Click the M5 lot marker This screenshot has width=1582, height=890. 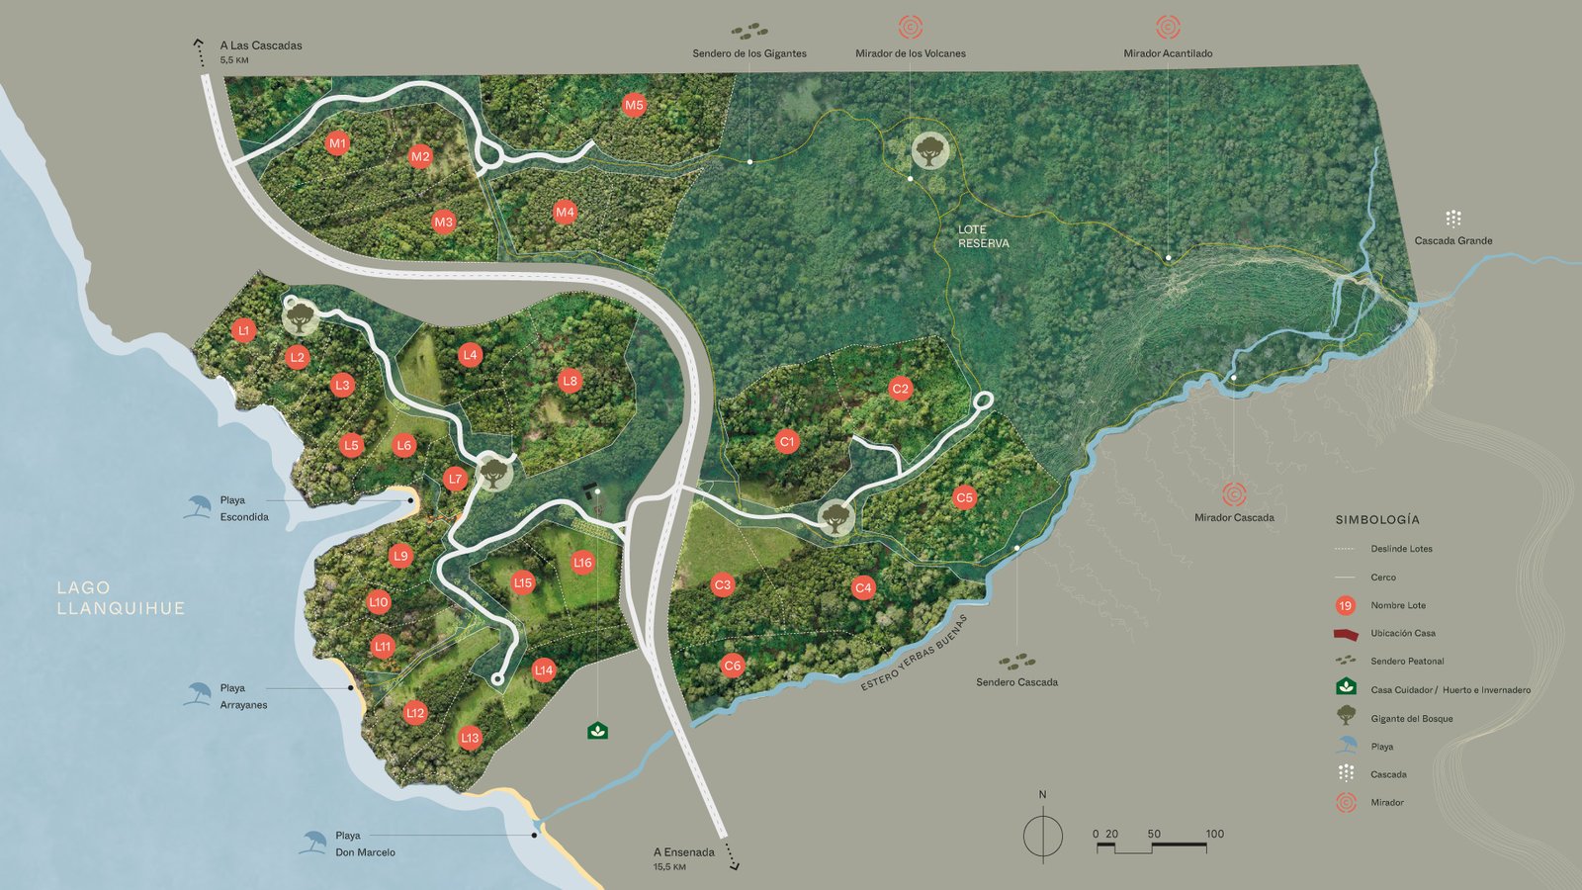point(634,105)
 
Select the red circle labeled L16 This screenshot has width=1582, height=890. point(582,563)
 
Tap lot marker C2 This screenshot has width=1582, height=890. point(900,389)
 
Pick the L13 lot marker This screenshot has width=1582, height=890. point(470,738)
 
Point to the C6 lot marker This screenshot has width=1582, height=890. point(732,666)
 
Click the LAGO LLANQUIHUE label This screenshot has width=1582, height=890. point(121,598)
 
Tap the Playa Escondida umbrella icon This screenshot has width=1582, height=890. point(198,506)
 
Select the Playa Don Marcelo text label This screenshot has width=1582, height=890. point(365,844)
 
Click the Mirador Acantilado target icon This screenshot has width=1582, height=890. point(1168,27)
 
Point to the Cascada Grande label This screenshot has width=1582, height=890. point(1452,240)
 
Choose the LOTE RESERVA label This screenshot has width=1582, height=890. point(983,236)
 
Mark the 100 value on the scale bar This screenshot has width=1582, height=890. point(1214,834)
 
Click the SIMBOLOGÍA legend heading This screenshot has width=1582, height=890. point(1376,520)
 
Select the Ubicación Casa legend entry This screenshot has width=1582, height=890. point(1402,633)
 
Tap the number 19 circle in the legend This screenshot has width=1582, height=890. point(1345,605)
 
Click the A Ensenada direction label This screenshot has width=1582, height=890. point(683,852)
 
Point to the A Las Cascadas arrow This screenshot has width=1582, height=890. point(199,50)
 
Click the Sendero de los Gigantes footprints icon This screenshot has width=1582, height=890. point(749,32)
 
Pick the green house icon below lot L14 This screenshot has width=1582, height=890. point(597,731)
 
